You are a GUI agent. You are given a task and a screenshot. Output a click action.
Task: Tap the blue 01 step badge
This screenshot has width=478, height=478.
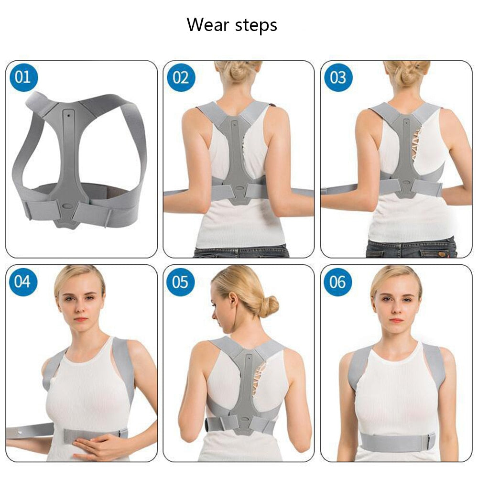point(23,77)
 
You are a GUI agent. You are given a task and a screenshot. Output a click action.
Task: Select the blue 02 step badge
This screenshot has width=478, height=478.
point(181,77)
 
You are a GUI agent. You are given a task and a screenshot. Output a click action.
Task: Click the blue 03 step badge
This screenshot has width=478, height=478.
point(338,77)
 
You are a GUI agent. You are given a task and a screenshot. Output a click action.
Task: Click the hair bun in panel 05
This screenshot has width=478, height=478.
point(270,306)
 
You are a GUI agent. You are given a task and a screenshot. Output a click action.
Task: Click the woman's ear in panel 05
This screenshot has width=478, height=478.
point(233,302)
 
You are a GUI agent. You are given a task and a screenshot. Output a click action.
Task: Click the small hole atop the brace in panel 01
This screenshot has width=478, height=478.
point(70,115)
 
